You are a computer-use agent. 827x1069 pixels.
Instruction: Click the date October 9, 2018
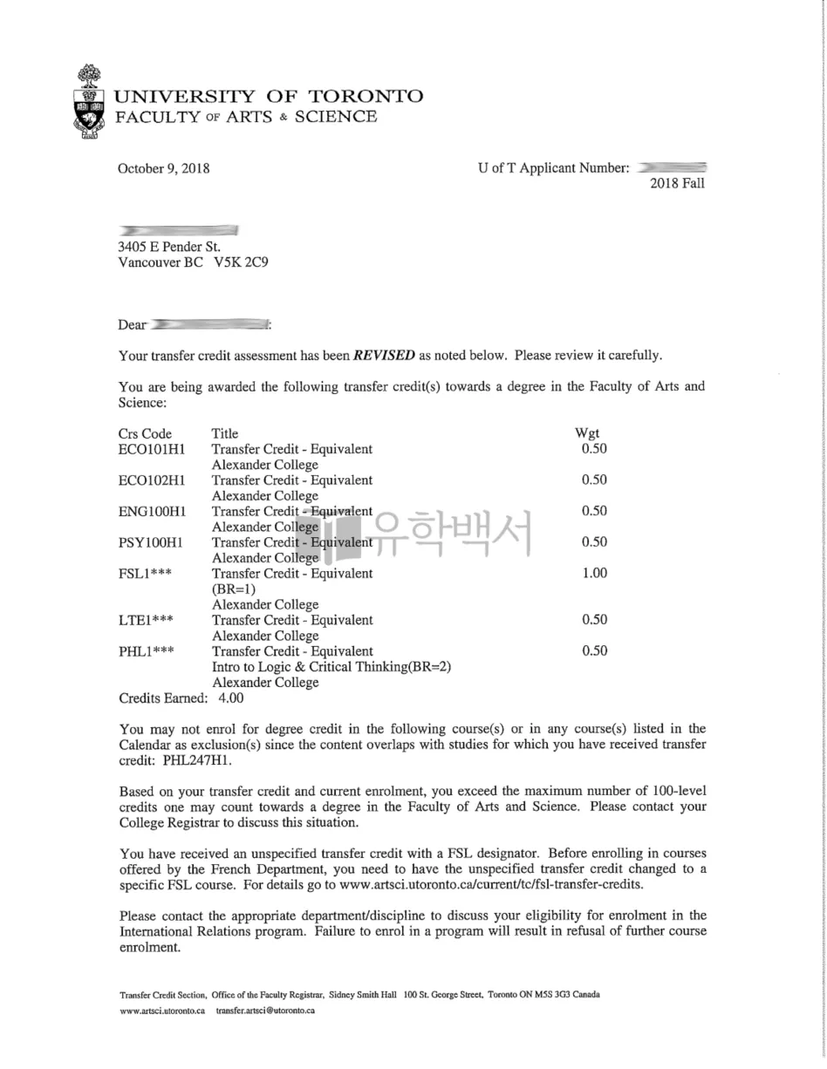[x=163, y=169]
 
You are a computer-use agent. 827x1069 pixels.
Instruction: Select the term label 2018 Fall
[x=677, y=183]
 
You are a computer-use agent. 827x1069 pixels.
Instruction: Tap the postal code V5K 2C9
[x=241, y=262]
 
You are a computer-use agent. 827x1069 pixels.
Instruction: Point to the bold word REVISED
[x=384, y=356]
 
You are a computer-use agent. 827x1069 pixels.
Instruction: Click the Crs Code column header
[x=145, y=433]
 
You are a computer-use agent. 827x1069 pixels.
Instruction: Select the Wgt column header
[x=586, y=433]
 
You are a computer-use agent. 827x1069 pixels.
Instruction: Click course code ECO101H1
[x=151, y=449]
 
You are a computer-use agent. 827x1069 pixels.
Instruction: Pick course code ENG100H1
[x=152, y=511]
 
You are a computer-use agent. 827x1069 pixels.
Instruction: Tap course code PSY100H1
[x=151, y=542]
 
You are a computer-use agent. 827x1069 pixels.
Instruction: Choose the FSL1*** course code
[x=146, y=574]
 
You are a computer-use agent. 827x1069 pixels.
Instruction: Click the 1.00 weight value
[x=594, y=573]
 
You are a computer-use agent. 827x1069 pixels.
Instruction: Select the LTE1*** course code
[x=146, y=620]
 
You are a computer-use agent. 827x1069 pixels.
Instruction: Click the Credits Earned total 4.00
[x=231, y=698]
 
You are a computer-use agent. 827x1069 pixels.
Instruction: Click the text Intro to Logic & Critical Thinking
[x=306, y=667]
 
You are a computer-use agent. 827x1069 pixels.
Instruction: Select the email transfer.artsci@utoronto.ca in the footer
[x=265, y=1011]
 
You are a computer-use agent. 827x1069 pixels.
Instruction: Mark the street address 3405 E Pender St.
[x=169, y=247]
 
